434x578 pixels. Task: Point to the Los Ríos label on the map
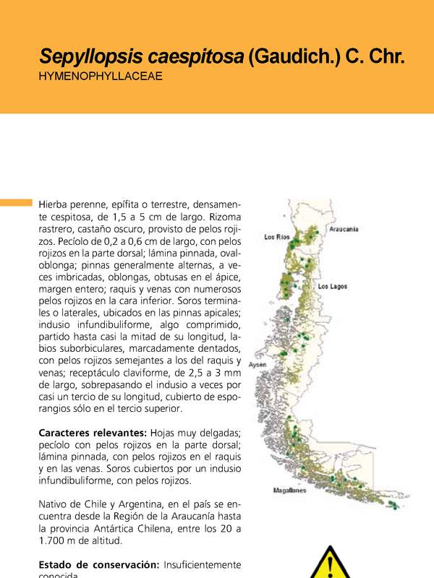(277, 237)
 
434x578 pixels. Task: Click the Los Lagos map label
(333, 286)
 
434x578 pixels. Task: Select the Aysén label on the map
(258, 366)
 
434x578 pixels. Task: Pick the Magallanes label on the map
(289, 491)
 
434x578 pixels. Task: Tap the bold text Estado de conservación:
(99, 564)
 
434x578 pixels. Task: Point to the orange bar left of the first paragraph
(16, 202)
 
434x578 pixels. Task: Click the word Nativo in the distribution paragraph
(55, 504)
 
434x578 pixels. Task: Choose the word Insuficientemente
(203, 564)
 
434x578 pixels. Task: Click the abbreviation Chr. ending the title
(386, 57)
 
